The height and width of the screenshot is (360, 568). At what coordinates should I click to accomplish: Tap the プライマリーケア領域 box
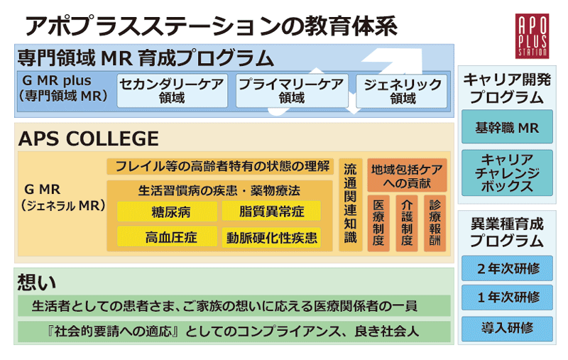[291, 90]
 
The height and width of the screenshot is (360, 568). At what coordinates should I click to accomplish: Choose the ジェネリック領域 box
[403, 91]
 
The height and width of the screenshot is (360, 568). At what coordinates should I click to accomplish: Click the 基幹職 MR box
[507, 129]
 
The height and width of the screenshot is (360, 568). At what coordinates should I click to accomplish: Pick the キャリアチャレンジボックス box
[507, 173]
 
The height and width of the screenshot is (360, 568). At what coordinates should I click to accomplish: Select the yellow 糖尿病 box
[168, 212]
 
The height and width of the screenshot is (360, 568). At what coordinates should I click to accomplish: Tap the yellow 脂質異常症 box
[271, 212]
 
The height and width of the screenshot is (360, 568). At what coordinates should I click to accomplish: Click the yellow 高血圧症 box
[168, 237]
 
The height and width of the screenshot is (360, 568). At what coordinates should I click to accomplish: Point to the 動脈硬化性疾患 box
[271, 237]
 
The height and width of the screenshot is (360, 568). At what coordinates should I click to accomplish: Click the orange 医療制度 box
[378, 223]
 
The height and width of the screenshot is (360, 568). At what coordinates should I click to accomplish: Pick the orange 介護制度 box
[406, 223]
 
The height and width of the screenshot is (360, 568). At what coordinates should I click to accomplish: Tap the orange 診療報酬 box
[434, 223]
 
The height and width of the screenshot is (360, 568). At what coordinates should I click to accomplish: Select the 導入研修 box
[507, 328]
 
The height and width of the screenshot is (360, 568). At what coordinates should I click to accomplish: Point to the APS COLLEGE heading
[88, 138]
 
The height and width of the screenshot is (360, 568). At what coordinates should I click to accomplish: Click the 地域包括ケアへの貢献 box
[407, 175]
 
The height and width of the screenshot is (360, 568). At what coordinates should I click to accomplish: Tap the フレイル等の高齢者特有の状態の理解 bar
[219, 167]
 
